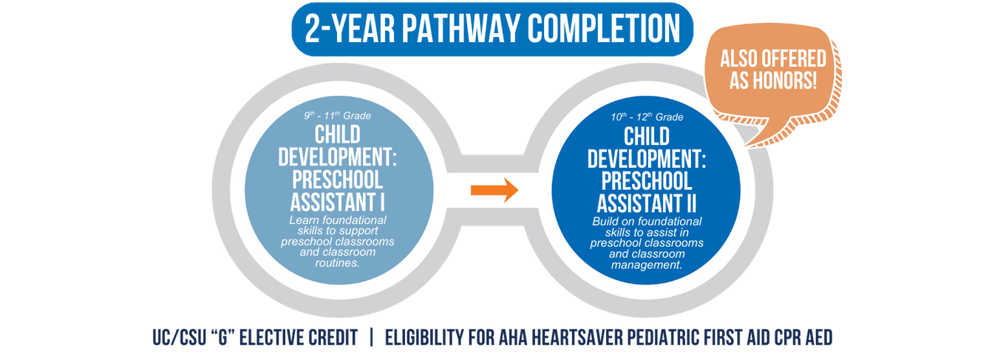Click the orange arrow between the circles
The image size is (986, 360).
(x=494, y=190)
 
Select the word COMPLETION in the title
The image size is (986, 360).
(x=604, y=29)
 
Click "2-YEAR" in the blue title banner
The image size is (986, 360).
(x=350, y=29)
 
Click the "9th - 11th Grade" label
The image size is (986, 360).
(x=337, y=115)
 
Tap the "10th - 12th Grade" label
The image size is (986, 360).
(x=647, y=117)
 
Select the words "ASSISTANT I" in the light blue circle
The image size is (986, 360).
(x=337, y=203)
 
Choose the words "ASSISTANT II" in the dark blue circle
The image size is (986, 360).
(x=647, y=204)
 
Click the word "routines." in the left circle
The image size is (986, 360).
(x=337, y=263)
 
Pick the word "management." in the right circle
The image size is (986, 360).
(x=647, y=265)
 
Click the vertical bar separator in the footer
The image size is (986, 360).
(x=372, y=338)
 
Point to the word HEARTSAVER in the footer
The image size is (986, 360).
(x=577, y=338)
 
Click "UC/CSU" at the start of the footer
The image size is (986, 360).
(x=180, y=338)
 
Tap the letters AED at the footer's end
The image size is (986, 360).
(x=819, y=338)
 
